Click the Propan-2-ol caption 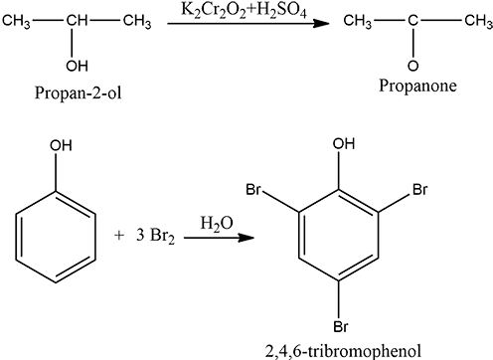78,93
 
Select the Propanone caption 417,86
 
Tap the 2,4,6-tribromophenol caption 344,352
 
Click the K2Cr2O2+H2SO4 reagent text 244,11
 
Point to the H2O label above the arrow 217,224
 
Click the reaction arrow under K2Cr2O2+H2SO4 248,23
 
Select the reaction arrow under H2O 219,238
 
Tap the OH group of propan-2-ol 77,66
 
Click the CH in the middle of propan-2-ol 77,21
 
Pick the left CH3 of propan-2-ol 16,22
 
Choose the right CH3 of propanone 478,21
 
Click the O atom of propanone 412,66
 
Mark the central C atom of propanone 412,21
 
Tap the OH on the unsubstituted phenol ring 61,146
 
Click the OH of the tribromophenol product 344,144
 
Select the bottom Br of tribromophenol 341,326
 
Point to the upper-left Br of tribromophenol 253,190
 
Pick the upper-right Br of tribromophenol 420,190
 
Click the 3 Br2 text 155,236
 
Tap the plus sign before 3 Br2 119,236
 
